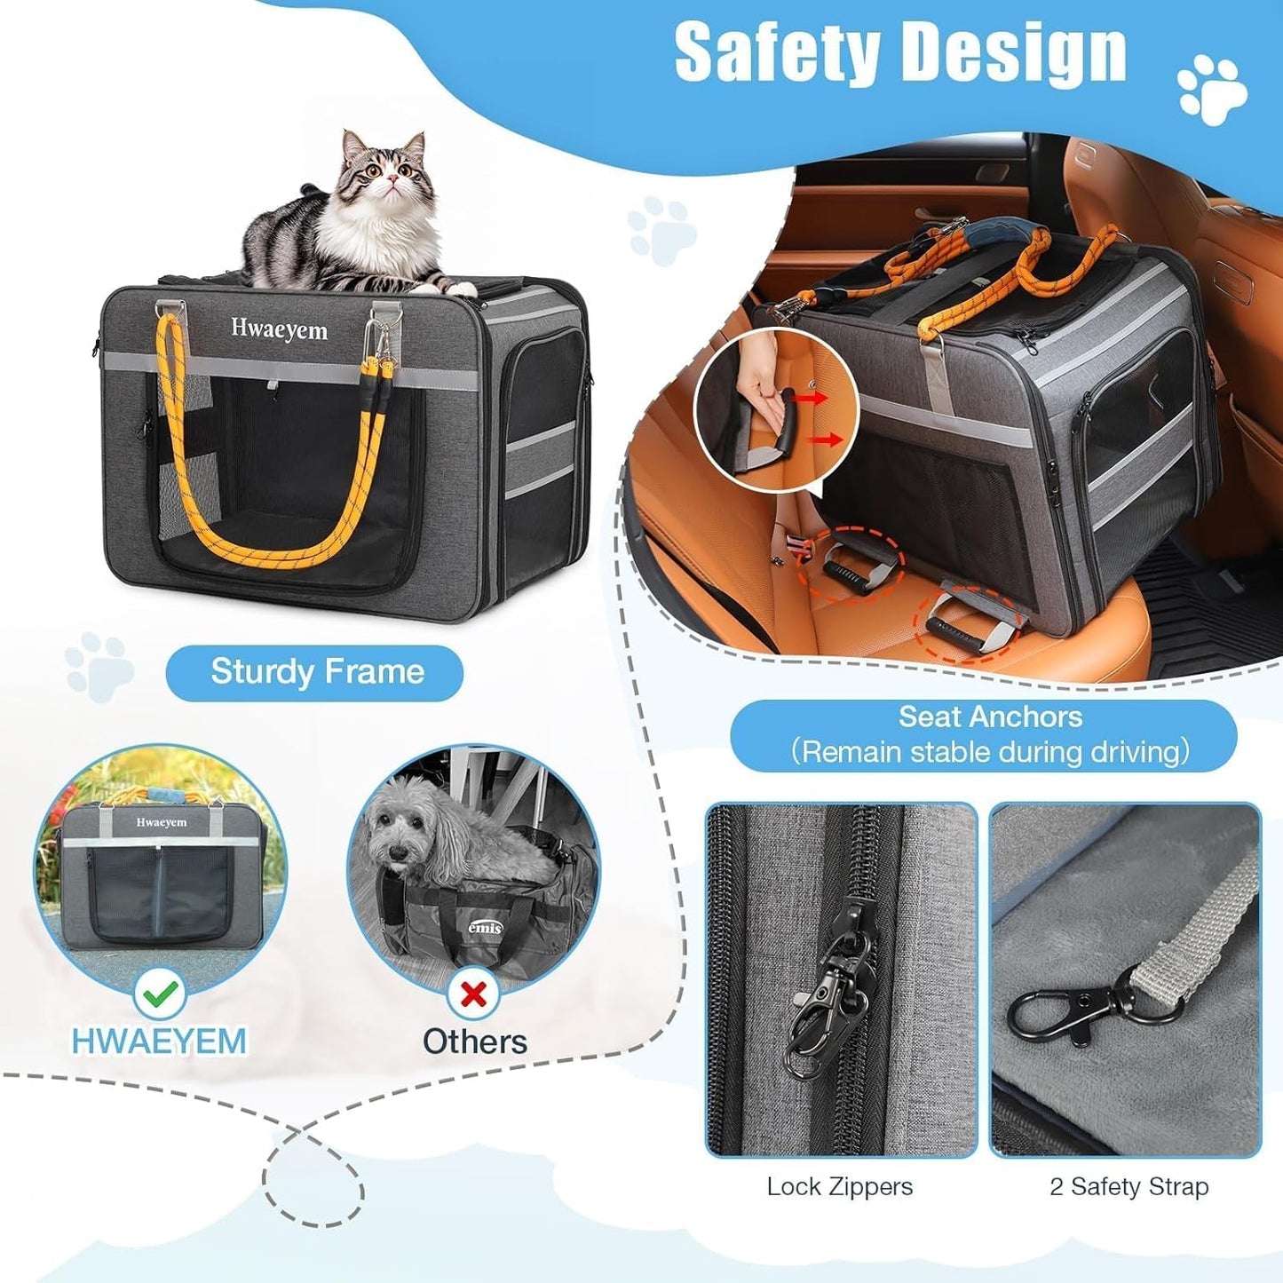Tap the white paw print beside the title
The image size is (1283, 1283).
tap(1212, 89)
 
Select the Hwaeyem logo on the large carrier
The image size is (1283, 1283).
tap(279, 329)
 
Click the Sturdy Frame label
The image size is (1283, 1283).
tap(316, 672)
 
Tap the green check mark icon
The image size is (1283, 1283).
tap(160, 994)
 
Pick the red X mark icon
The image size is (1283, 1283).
tap(474, 994)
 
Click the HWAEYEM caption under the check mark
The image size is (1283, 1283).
tap(159, 1041)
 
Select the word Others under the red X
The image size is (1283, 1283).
tap(474, 1041)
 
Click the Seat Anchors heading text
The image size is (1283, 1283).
tap(990, 717)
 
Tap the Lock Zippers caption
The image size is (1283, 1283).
tap(839, 1186)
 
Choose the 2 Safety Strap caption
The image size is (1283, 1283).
tap(1129, 1186)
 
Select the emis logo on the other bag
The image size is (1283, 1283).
tap(485, 929)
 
